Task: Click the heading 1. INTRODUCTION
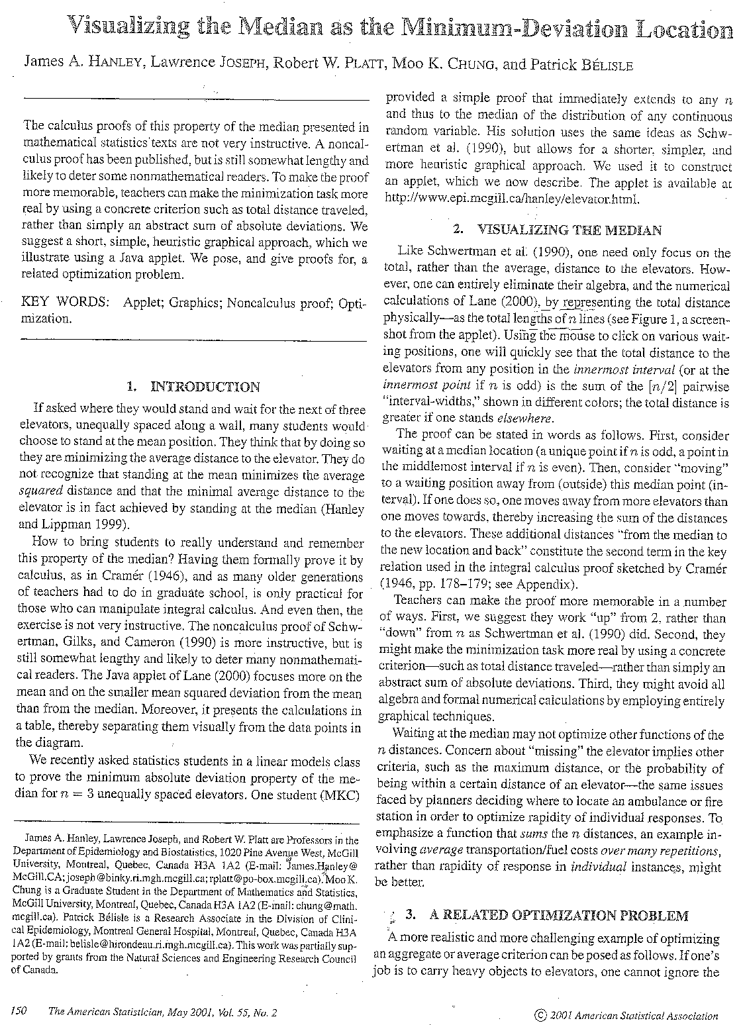193,387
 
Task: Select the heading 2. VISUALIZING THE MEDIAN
557,230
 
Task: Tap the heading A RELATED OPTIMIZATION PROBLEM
558,916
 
